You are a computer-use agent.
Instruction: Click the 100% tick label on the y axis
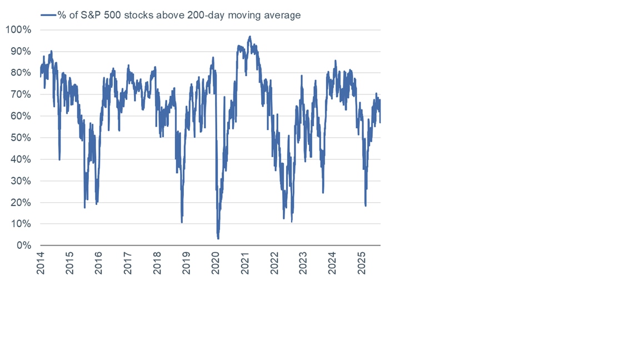[18, 29]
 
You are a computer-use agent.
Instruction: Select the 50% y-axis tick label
[21, 138]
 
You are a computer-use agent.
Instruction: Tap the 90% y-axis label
[21, 51]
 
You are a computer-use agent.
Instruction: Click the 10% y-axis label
[21, 224]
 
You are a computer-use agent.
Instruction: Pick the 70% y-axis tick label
[21, 94]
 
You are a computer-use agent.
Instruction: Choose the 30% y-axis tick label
[21, 181]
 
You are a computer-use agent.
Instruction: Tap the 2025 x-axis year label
[361, 263]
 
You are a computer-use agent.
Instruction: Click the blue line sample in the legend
[48, 15]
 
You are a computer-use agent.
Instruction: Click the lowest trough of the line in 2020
[218, 238]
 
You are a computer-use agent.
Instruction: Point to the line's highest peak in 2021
[250, 37]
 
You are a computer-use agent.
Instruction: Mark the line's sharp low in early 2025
[366, 206]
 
